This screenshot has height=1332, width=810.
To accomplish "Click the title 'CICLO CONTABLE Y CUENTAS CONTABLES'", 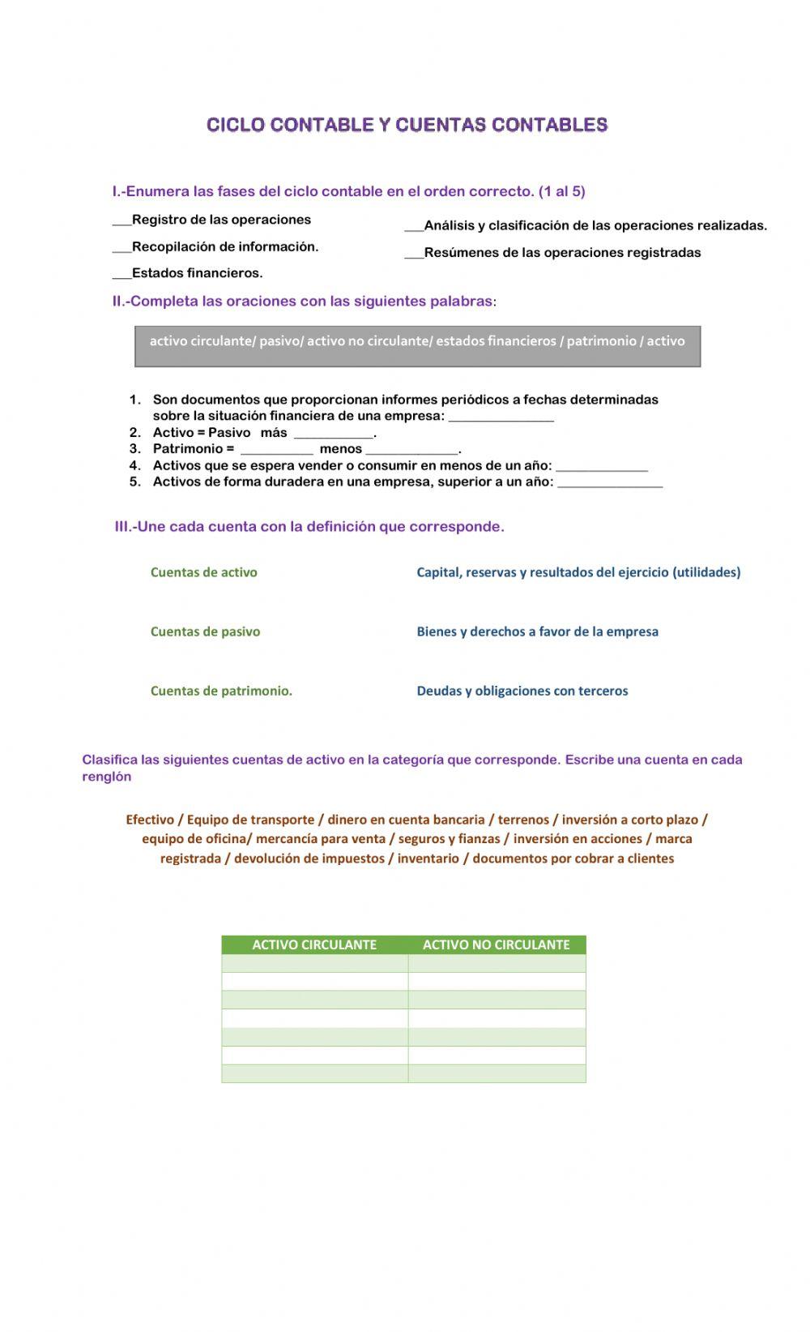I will coord(407,125).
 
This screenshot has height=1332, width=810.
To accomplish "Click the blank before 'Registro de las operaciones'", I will coord(122,221).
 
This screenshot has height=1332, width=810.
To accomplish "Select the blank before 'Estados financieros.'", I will coord(122,275).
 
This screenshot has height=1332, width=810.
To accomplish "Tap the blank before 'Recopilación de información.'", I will coord(122,248).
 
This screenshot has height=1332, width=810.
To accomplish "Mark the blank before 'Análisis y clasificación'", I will coord(413,227).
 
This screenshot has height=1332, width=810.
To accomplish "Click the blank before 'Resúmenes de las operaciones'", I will coord(413,254).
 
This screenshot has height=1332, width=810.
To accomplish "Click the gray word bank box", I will coord(417,346).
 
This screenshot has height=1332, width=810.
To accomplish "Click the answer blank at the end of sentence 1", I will coord(501,418).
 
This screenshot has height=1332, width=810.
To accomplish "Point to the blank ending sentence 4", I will coord(601,467).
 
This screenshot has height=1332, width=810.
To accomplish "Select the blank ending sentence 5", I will coord(609,483).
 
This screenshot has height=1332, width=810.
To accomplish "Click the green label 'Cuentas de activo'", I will coord(203,572).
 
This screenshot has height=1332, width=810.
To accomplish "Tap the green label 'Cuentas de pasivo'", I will coord(205,632).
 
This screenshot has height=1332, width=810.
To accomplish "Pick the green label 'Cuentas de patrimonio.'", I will coord(221,692).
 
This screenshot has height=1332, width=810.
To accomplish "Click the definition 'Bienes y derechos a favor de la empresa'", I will coord(537,632).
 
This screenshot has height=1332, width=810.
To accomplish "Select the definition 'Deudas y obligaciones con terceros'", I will coord(522,692).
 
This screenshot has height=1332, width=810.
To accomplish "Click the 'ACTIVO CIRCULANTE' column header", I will coord(314,944).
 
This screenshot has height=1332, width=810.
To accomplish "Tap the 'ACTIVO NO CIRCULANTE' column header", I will coord(496,944).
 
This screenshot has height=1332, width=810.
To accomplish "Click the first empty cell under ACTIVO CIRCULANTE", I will coord(314,963).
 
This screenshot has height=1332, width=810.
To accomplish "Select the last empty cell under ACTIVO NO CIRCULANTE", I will coord(497,1074).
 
